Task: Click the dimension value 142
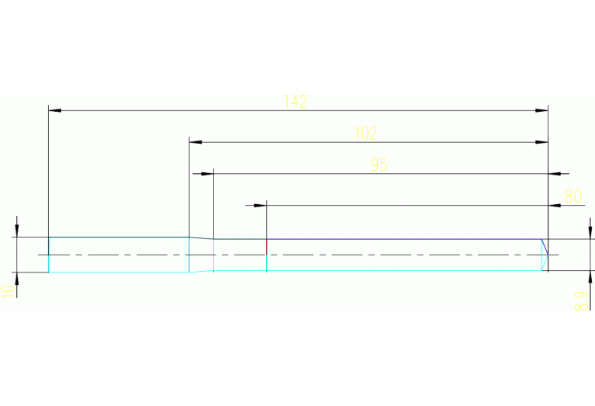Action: (296, 102)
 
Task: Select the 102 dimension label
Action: (365, 134)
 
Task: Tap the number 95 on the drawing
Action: (379, 165)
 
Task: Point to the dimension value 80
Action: (573, 196)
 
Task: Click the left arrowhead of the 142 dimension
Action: (54, 111)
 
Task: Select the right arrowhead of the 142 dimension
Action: (542, 111)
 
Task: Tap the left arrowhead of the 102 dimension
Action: (195, 142)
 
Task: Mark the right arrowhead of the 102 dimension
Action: (542, 142)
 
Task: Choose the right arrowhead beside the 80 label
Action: (555, 205)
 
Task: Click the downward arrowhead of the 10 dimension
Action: (16, 231)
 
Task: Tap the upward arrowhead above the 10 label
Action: (16, 278)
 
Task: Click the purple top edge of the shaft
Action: (403, 239)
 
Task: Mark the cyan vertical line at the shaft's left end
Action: (49, 255)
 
